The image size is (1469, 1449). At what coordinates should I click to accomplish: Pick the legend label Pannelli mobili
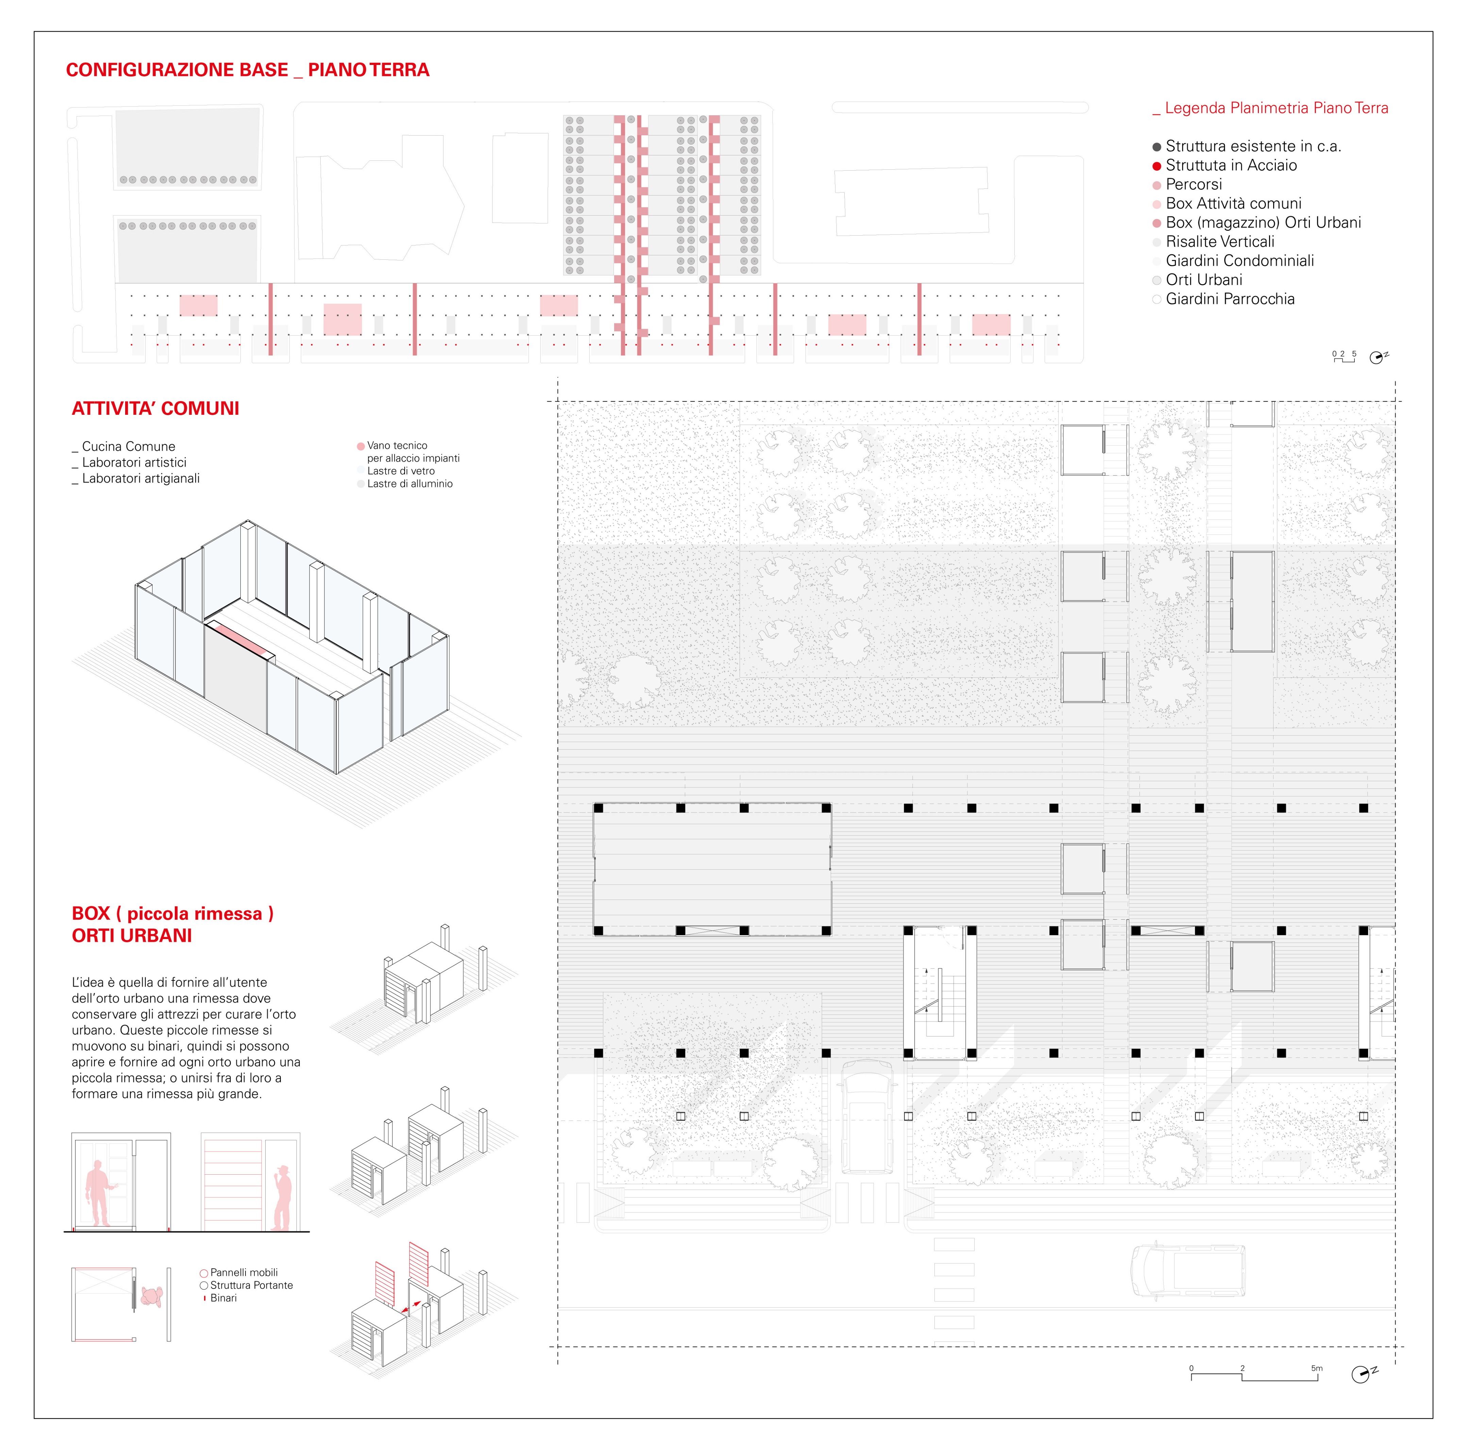(x=243, y=1273)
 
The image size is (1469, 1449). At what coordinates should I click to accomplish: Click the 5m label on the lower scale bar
(x=1316, y=1368)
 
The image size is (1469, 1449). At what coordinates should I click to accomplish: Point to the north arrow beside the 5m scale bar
(x=1362, y=1375)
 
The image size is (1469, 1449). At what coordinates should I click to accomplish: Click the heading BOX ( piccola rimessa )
(x=172, y=914)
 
